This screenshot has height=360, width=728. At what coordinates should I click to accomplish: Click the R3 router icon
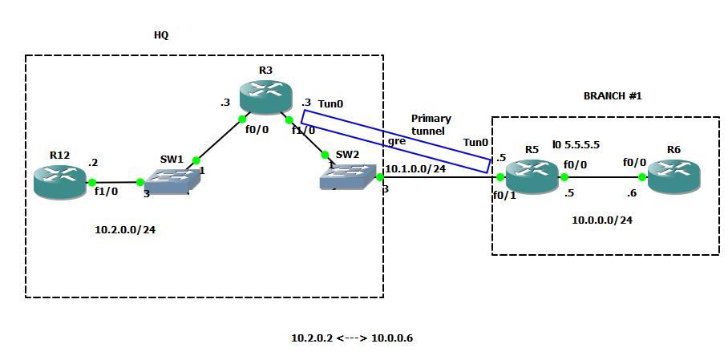[265, 97]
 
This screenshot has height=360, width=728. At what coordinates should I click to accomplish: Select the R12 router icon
[59, 181]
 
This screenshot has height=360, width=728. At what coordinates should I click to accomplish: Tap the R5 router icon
[532, 176]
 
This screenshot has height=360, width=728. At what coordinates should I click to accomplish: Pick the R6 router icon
[673, 176]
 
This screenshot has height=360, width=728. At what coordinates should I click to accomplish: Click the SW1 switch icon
[170, 182]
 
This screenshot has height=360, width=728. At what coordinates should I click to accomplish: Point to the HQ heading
[161, 35]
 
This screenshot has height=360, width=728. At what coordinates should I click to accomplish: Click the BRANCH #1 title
[613, 96]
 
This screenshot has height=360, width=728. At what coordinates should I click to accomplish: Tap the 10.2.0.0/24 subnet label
[125, 229]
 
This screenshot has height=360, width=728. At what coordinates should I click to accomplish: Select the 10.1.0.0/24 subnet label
[415, 169]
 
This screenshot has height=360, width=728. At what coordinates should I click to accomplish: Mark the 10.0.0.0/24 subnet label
[601, 220]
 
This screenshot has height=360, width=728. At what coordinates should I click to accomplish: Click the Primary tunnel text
[431, 124]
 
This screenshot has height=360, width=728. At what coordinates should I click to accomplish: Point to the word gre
[396, 140]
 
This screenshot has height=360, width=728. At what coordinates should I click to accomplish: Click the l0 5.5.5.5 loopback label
[576, 145]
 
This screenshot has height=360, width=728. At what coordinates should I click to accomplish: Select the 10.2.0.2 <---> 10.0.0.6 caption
[351, 338]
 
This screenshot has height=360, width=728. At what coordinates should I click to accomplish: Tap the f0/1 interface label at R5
[504, 194]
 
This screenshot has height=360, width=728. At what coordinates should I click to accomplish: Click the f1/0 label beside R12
[106, 192]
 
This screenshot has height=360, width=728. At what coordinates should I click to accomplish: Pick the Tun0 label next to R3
[330, 104]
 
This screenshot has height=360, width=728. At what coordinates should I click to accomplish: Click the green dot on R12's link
[93, 183]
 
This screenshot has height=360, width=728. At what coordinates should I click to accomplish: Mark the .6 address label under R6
[632, 193]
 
